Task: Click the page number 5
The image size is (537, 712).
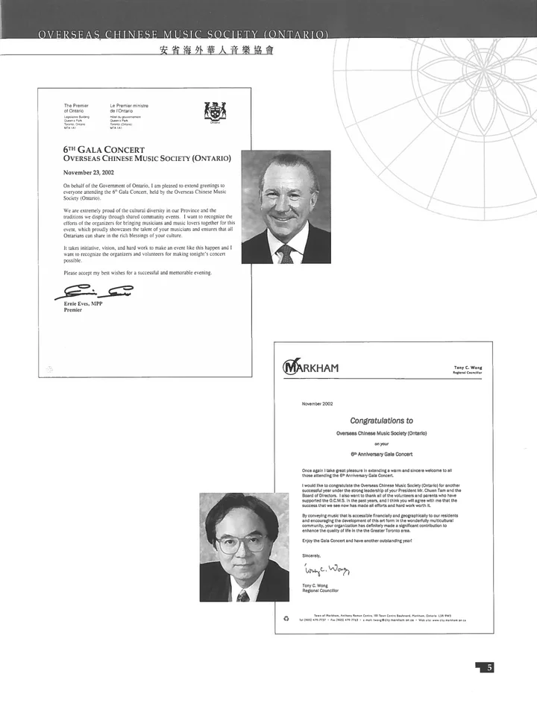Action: point(489,667)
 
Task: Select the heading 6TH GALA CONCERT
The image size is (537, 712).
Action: point(104,150)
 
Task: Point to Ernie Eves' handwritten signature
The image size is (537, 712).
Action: point(94,292)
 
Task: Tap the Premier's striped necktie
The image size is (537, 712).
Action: point(286,253)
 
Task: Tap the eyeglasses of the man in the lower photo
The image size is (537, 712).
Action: point(242,544)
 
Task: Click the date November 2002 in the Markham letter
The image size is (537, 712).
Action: point(318,403)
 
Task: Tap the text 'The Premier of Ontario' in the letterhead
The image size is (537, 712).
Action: point(76,108)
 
